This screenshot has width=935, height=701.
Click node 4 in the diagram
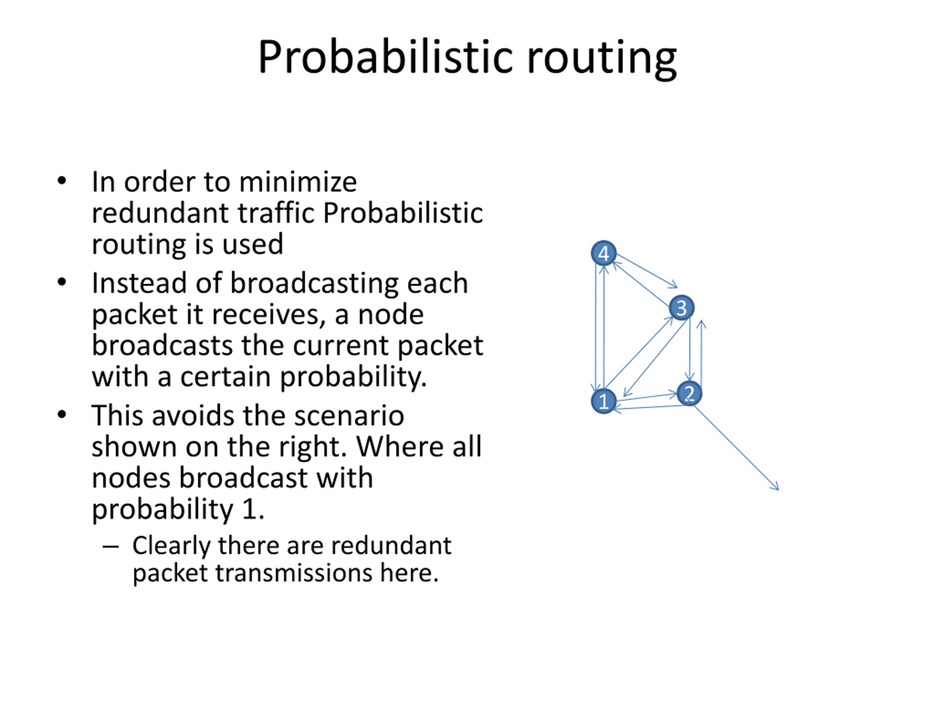pyautogui.click(x=604, y=253)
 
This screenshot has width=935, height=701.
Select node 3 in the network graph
pyautogui.click(x=682, y=308)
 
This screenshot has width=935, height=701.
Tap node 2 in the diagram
pyautogui.click(x=690, y=393)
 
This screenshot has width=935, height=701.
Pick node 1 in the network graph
pyautogui.click(x=604, y=401)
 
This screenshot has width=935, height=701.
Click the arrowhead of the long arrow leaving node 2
pyautogui.click(x=777, y=489)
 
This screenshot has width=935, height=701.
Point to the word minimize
pyautogui.click(x=298, y=182)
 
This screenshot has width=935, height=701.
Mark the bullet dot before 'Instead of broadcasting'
pyautogui.click(x=62, y=282)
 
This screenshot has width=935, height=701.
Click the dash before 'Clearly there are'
pyautogui.click(x=110, y=546)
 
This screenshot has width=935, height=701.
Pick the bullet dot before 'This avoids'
pyautogui.click(x=62, y=414)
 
